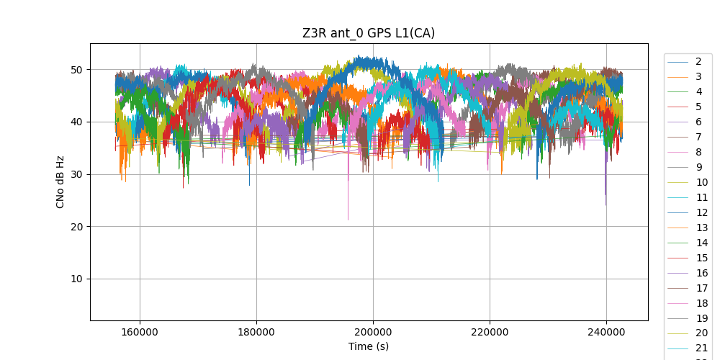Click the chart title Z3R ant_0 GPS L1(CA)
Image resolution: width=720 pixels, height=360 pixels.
pyautogui.click(x=369, y=33)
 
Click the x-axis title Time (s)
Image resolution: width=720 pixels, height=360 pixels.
pyautogui.click(x=369, y=346)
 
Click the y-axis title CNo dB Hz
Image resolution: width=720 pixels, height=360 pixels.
pyautogui.click(x=60, y=182)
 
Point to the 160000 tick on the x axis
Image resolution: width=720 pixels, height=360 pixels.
pyautogui.click(x=140, y=333)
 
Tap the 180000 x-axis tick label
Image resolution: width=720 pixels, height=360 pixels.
pyautogui.click(x=256, y=333)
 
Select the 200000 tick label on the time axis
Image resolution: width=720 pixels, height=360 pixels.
pyautogui.click(x=373, y=333)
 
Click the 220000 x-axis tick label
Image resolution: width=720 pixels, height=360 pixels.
pyautogui.click(x=490, y=333)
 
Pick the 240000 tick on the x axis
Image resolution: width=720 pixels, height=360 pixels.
pyautogui.click(x=606, y=333)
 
